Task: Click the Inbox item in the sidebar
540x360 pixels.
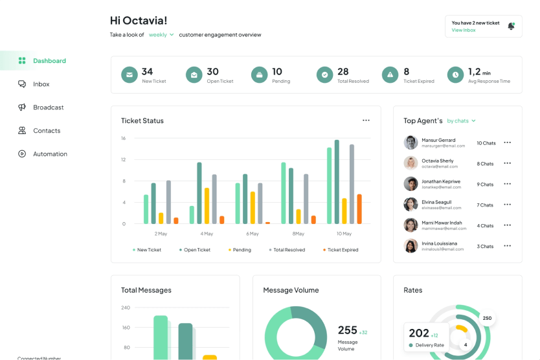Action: pos(41,84)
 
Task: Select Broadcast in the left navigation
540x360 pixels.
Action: pos(48,107)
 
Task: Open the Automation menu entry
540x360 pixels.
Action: pos(50,154)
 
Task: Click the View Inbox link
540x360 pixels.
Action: pos(464,30)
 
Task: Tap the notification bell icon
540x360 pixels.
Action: pos(511,26)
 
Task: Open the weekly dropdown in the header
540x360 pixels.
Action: pos(161,35)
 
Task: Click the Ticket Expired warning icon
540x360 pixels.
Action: pos(390,75)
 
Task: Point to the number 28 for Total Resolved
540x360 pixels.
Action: pos(343,72)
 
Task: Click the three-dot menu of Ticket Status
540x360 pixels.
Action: pos(366,120)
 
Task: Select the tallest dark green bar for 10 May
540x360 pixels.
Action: pos(337,182)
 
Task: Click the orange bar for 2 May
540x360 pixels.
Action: pos(176,221)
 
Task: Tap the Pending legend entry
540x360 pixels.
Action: pos(240,250)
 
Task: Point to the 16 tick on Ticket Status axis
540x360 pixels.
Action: pos(123,139)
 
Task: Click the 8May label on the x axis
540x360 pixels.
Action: pos(298,234)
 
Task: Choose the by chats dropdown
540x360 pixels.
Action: pos(461,121)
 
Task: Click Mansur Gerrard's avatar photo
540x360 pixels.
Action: pos(411,142)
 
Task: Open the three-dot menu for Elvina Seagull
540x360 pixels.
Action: pos(507,205)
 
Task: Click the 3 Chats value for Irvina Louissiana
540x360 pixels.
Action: pos(485,247)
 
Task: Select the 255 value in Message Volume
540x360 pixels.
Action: pos(348,330)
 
